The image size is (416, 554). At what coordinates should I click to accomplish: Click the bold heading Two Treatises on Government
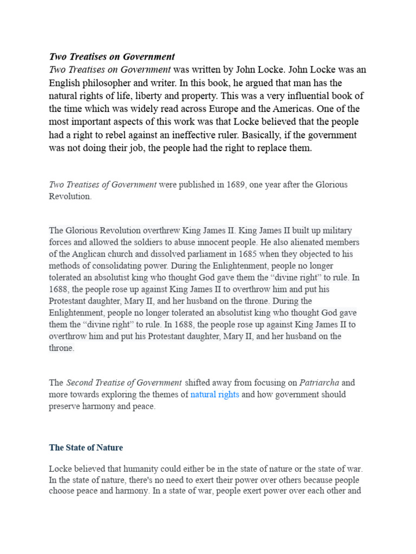click(112, 57)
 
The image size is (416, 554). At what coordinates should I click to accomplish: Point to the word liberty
click(194, 96)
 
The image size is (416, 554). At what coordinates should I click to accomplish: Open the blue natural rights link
click(214, 394)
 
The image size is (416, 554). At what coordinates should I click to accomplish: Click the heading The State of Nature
click(86, 447)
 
